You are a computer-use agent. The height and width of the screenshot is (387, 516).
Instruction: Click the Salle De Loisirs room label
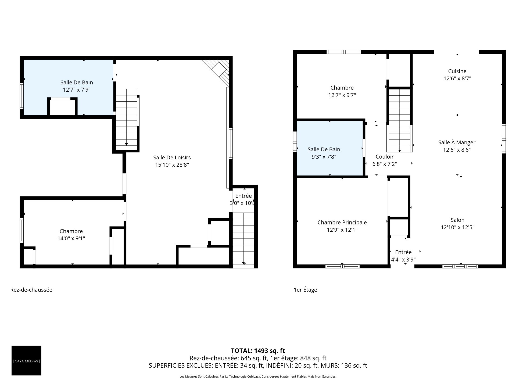click(x=172, y=157)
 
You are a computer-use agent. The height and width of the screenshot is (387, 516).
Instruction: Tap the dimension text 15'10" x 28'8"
click(x=172, y=165)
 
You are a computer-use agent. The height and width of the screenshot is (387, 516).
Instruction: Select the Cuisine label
click(x=457, y=71)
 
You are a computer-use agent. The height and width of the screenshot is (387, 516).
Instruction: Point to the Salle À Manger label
click(x=457, y=142)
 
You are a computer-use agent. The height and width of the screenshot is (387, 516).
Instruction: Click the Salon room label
click(x=457, y=220)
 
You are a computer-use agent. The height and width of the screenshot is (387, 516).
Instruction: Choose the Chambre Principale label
click(x=342, y=223)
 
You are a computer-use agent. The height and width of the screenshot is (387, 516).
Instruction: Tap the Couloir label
click(x=385, y=157)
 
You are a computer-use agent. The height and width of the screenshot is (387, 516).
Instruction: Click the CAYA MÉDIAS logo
click(x=26, y=360)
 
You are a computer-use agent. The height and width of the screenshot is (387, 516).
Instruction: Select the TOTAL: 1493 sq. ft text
click(x=258, y=351)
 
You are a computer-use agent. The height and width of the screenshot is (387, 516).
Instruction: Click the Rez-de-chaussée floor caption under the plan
click(x=31, y=290)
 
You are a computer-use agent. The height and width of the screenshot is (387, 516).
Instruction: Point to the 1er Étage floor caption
click(x=305, y=290)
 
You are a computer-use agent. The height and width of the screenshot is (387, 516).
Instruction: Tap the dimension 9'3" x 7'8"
click(x=324, y=157)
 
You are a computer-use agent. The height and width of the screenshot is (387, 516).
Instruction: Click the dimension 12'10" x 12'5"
click(x=457, y=227)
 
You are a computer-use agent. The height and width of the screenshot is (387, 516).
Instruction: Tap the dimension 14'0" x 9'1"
click(x=71, y=238)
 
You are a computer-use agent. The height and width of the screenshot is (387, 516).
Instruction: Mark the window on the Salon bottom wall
click(x=460, y=266)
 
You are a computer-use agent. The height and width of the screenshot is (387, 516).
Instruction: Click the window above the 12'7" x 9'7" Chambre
click(x=344, y=52)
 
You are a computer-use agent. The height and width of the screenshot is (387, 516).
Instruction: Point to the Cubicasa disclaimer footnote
click(x=258, y=377)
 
